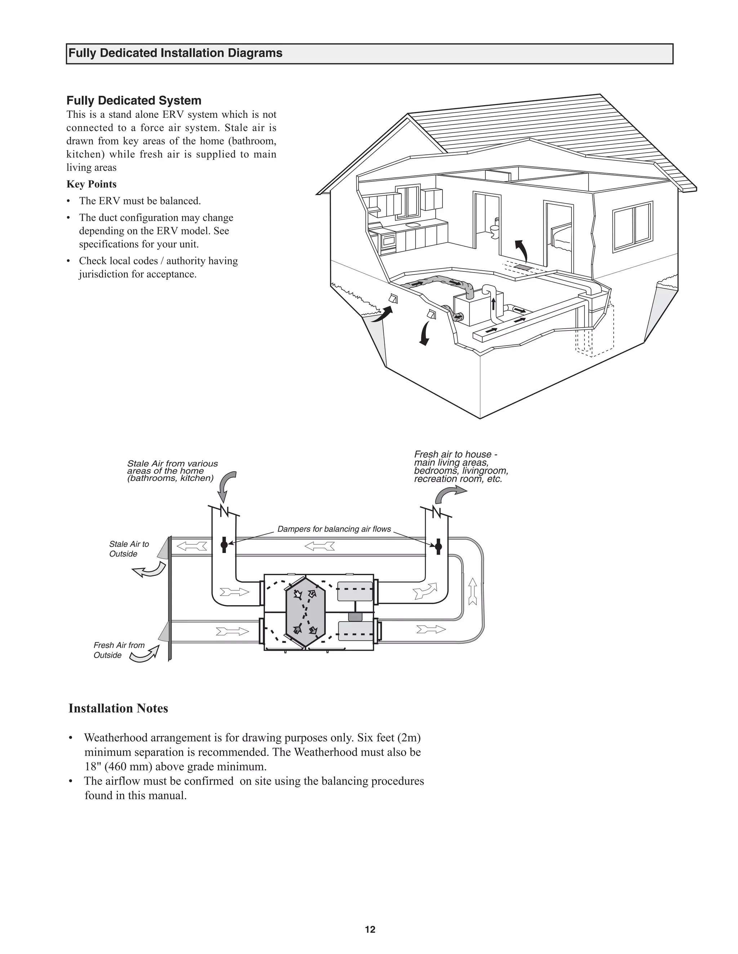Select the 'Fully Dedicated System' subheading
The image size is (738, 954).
(134, 100)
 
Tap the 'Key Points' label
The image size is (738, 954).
(92, 184)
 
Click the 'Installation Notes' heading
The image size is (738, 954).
(118, 708)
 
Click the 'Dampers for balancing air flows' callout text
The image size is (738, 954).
(334, 529)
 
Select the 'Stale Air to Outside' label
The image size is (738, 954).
(129, 549)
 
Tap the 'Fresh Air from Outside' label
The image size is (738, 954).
(119, 650)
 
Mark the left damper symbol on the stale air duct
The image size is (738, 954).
(224, 545)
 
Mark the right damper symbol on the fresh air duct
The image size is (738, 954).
(439, 546)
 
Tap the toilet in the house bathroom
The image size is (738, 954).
(494, 230)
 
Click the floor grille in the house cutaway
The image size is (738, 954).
(523, 266)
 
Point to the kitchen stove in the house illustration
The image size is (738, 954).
(388, 242)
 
